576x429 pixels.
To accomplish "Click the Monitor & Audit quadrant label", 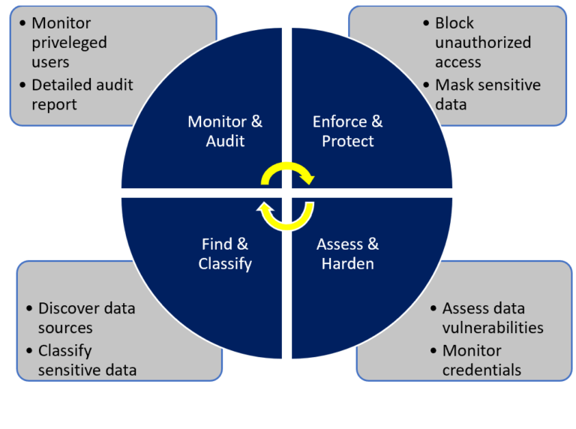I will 225,130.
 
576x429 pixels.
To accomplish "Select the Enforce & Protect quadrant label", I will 347,130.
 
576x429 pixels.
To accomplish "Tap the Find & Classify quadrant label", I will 225,253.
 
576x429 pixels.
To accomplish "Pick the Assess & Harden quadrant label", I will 347,253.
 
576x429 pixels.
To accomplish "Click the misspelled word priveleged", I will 69,43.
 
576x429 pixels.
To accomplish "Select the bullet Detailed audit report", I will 81,94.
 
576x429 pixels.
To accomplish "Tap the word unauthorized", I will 482,43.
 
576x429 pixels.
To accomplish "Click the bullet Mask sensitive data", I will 487,94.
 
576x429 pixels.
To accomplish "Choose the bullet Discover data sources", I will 86,318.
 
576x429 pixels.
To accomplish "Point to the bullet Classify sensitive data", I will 86,359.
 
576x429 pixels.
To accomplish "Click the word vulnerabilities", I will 493,328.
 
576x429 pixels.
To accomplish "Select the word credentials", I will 481,370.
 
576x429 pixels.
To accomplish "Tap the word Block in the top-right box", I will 454,23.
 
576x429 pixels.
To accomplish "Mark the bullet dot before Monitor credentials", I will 433,350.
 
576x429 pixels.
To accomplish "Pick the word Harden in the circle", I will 347,264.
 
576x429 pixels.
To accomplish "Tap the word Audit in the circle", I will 225,141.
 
